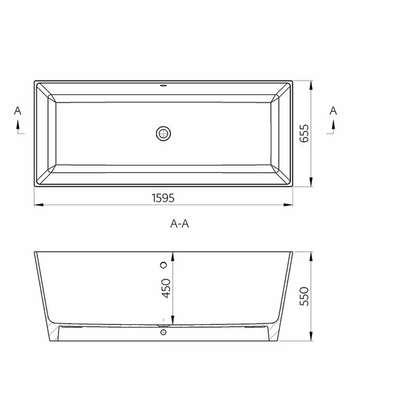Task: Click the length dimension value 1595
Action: point(163,197)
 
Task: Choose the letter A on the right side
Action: point(333,110)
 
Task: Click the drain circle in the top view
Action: point(163,134)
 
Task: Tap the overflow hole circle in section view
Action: point(163,264)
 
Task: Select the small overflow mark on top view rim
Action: point(163,86)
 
